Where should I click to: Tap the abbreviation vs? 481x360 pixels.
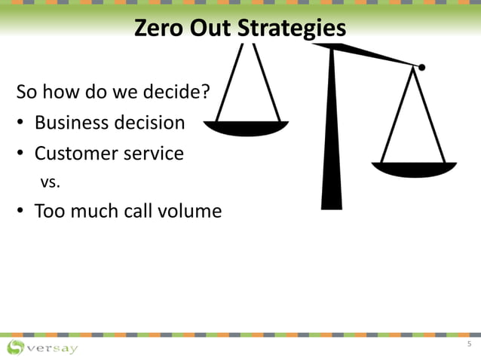tap(50, 182)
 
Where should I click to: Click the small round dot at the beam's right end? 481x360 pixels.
tap(421, 68)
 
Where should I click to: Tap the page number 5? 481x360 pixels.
tap(468, 345)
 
